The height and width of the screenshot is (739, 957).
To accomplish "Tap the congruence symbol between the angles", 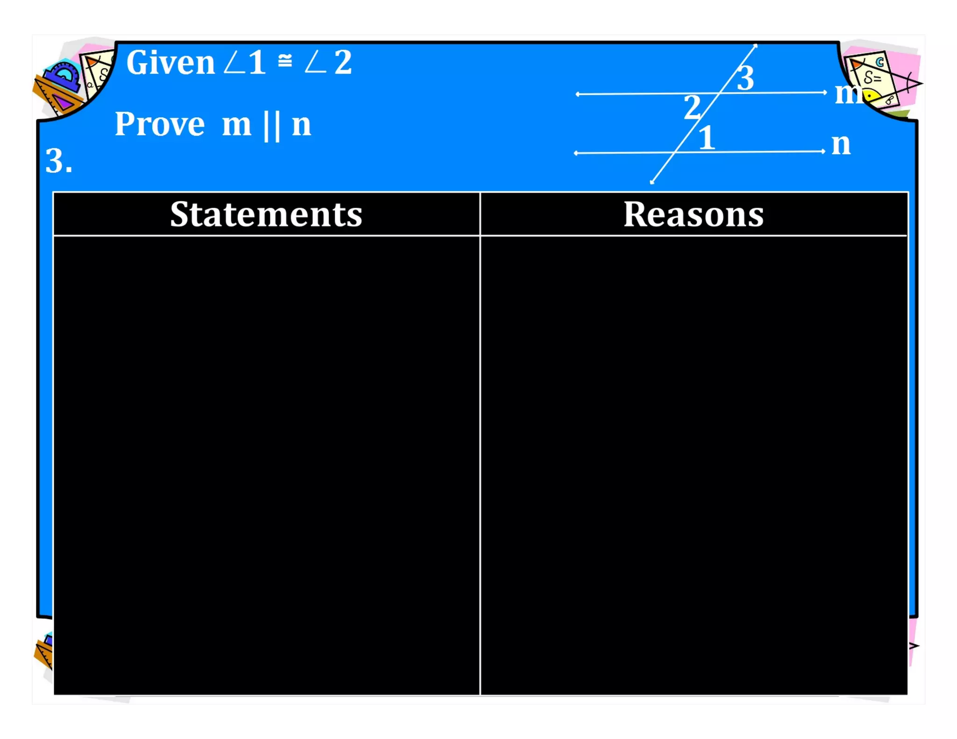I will pos(285,61).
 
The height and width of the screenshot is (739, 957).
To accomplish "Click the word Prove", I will pos(159,124).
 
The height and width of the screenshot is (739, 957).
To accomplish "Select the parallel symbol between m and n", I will pos(271,126).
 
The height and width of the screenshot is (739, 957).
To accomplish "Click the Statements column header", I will pos(266,214).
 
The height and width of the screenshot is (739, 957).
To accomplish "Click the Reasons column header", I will pos(693,214).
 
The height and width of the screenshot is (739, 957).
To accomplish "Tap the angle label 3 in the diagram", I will pos(745,78).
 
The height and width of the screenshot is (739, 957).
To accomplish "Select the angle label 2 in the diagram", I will pos(692,107).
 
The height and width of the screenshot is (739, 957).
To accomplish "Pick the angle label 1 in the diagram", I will pos(707,138).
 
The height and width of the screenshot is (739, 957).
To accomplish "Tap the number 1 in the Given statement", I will pos(257,63).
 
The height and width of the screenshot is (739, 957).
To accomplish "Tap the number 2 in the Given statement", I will pos(343,63).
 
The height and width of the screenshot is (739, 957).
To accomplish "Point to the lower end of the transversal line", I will pos(652,182).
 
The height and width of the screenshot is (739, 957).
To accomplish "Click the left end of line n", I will pos(576,153).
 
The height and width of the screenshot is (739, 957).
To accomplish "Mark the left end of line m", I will pos(578,94).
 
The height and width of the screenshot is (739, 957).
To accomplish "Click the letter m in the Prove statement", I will pos(236,125).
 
